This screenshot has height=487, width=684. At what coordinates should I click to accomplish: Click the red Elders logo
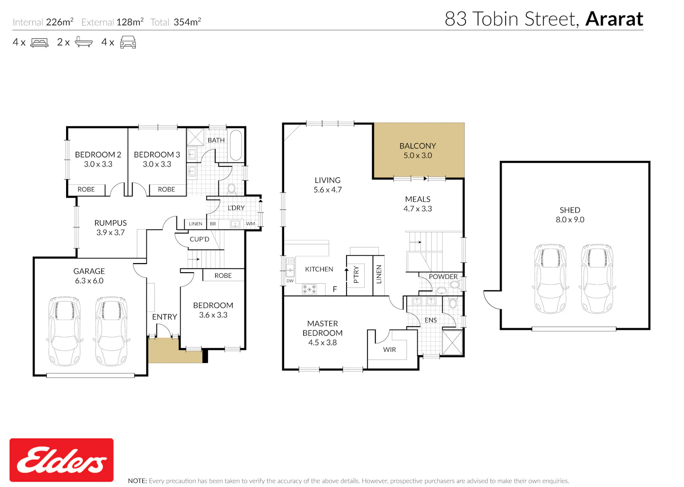62,460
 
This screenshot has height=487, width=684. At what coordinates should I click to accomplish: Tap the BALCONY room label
418,146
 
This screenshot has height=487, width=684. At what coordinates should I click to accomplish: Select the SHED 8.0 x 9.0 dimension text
570,219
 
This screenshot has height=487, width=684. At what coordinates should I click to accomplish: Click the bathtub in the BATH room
236,145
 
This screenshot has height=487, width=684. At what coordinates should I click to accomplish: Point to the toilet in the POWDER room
455,285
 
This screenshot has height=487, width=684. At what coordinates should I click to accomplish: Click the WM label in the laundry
250,223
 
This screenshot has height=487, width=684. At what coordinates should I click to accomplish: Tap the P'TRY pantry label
356,275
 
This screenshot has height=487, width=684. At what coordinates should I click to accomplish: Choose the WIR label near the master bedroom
389,350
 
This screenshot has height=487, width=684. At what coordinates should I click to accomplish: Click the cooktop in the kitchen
309,289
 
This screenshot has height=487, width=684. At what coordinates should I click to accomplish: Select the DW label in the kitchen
290,281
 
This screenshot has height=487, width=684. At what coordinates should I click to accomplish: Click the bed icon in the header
39,42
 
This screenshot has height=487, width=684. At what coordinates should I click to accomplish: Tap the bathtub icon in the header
83,42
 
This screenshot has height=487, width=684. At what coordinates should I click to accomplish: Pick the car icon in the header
128,42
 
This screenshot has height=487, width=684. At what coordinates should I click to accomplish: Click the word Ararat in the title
614,19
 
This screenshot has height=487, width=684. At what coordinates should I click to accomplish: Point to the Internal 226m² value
60,22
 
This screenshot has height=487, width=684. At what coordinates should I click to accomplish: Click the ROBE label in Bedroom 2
86,189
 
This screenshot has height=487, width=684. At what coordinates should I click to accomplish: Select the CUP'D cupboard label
199,239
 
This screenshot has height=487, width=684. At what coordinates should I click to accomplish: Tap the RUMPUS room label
110,223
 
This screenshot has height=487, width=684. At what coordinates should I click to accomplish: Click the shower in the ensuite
452,342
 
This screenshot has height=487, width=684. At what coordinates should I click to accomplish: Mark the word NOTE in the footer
137,481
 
